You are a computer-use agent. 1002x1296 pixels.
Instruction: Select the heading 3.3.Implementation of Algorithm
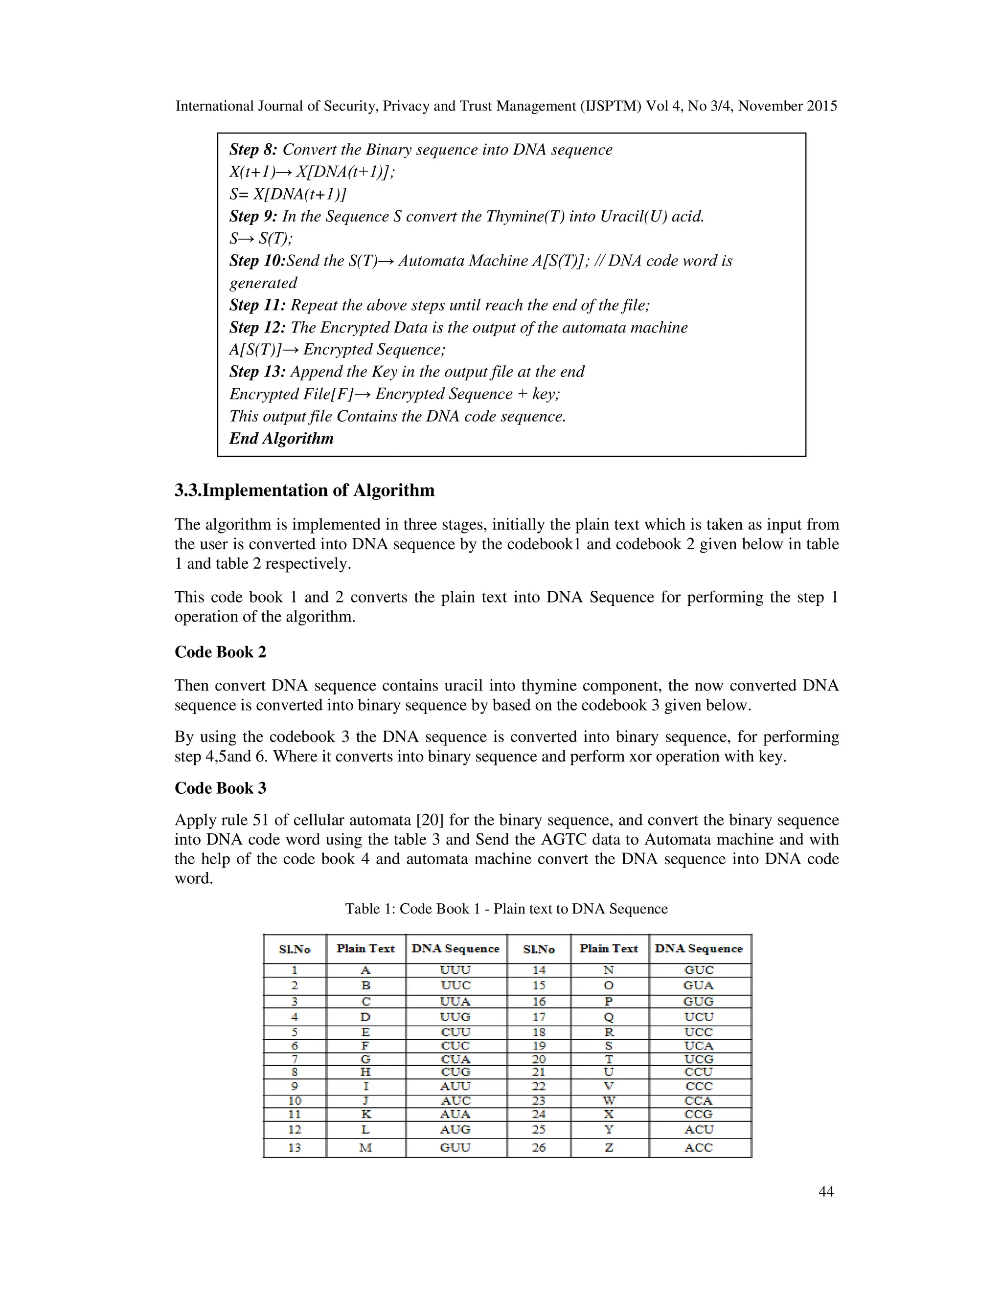(304, 490)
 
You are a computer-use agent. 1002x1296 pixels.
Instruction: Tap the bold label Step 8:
(253, 150)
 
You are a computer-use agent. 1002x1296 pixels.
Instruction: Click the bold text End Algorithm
(281, 439)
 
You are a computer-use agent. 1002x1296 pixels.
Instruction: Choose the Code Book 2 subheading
(220, 652)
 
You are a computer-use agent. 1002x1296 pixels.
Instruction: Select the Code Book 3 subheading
(220, 788)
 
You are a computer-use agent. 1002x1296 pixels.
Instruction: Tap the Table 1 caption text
(506, 909)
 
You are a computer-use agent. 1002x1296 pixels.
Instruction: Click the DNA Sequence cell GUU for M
(455, 1148)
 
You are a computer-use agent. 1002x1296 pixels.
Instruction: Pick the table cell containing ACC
(699, 1148)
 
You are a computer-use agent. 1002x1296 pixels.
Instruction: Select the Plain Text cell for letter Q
(609, 1017)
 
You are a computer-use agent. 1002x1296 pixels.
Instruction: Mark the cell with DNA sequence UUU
(455, 970)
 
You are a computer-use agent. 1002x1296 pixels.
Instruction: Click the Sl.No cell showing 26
(538, 1148)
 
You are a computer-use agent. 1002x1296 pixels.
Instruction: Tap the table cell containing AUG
(455, 1129)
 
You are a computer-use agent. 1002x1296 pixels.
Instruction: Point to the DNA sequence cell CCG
(699, 1115)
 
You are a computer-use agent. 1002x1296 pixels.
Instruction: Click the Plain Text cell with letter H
(365, 1072)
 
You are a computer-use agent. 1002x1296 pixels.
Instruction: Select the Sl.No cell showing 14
(538, 970)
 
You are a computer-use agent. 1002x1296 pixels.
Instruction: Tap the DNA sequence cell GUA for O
(699, 985)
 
